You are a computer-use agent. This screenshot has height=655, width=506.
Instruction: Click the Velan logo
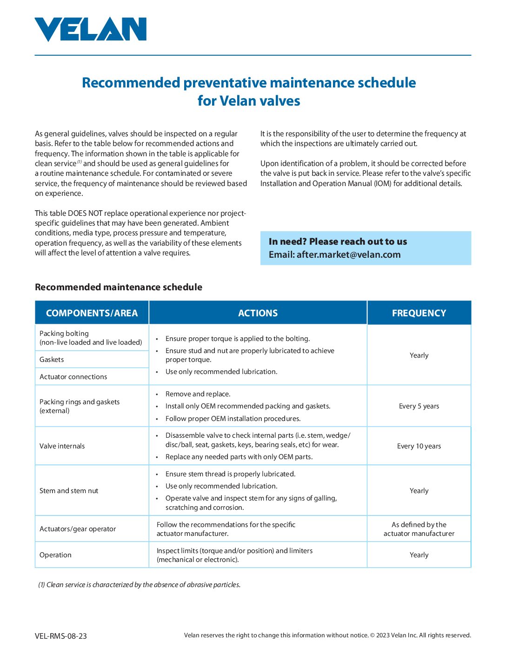pos(91,29)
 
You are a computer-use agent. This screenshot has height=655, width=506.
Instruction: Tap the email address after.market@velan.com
pos(348,254)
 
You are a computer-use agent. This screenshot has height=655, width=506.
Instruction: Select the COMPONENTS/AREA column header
pos(92,313)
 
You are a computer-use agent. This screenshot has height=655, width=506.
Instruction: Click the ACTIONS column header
pos(258,313)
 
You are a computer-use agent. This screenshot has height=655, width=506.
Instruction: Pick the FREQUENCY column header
pos(419,313)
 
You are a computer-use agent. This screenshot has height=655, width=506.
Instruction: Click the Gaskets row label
pos(52,360)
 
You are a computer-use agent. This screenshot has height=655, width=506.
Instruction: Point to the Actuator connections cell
pos(73,377)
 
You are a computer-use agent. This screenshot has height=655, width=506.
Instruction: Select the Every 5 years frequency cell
pos(419,406)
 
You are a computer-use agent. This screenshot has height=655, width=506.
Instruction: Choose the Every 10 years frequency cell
pos(419,446)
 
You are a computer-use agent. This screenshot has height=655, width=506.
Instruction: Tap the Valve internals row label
pos(62,446)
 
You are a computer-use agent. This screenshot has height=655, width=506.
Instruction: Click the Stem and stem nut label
pos(69,491)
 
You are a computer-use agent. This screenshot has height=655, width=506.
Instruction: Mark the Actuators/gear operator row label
pos(78,529)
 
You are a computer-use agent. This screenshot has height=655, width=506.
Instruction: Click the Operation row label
pos(55,555)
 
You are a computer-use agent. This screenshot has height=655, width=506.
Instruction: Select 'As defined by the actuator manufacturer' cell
pos(419,529)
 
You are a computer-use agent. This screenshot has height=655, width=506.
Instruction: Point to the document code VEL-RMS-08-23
pos(60,636)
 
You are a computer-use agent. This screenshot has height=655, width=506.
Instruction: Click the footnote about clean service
pos(140,585)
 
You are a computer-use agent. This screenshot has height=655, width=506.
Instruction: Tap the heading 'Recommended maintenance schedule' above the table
pos(119,287)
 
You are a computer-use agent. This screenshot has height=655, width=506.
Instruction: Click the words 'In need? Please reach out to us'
pos(338,241)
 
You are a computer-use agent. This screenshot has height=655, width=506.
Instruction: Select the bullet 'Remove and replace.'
pos(198,394)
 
